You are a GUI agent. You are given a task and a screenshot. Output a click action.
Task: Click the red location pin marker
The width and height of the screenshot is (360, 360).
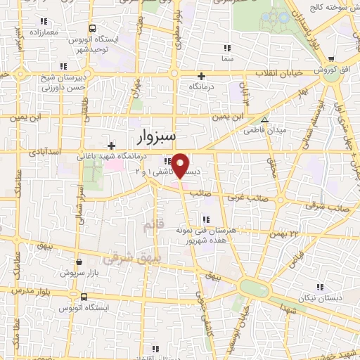click(181, 165)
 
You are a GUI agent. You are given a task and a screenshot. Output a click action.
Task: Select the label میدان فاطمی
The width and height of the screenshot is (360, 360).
click(263, 130)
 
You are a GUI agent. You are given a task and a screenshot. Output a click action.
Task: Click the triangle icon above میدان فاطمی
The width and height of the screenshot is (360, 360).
click(264, 119)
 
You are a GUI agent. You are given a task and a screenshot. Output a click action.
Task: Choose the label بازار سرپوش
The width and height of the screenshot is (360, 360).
click(78, 271)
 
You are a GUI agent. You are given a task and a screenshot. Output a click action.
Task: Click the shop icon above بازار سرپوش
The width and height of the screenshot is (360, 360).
click(79, 260)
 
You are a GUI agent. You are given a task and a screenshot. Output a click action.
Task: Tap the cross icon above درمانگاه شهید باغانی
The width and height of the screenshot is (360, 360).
click(110, 146)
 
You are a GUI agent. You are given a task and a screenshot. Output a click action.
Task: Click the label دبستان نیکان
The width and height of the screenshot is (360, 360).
click(320, 297)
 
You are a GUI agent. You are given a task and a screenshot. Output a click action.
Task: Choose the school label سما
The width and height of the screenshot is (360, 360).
click(226, 60)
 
